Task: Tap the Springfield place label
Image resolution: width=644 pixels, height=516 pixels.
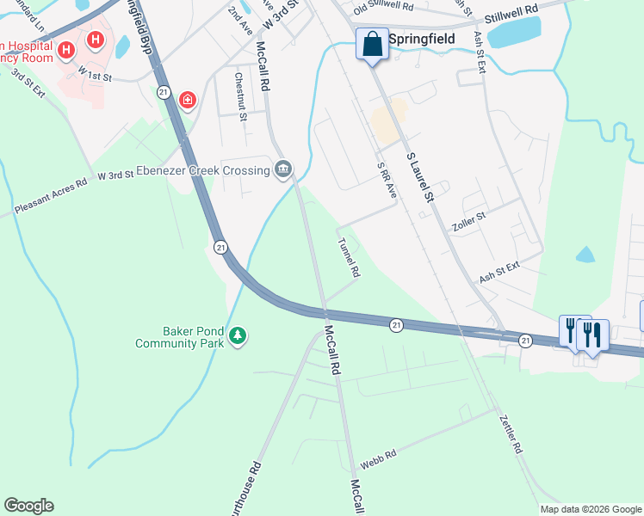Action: tap(421, 40)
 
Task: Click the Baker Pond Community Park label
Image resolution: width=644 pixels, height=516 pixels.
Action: tap(180, 336)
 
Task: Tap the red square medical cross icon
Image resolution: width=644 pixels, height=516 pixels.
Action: tap(187, 101)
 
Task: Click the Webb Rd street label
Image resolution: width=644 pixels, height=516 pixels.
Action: tap(377, 463)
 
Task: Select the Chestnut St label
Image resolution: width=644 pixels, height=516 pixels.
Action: tap(241, 95)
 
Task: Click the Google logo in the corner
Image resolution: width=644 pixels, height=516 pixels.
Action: tap(28, 506)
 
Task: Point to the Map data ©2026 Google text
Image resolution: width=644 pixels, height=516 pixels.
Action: tap(591, 509)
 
